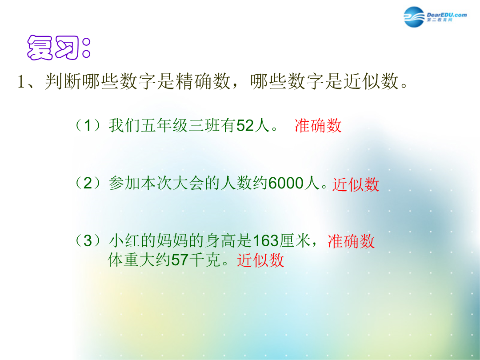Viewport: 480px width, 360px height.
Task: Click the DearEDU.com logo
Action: [x=435, y=17]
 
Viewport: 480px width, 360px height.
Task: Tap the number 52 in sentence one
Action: [x=245, y=125]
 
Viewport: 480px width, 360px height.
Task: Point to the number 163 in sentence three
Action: [x=266, y=240]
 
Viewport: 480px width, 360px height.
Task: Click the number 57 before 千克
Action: [x=180, y=260]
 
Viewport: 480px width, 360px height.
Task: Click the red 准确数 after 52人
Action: [x=318, y=125]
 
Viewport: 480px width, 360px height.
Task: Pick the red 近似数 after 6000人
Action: [x=356, y=184]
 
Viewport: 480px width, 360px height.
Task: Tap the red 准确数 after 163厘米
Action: [x=351, y=241]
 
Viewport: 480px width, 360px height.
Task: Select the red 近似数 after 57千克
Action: [x=260, y=260]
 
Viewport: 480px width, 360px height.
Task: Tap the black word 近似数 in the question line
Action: [x=371, y=81]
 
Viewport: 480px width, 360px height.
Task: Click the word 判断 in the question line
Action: [x=63, y=81]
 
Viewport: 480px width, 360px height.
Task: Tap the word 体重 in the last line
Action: [x=124, y=260]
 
